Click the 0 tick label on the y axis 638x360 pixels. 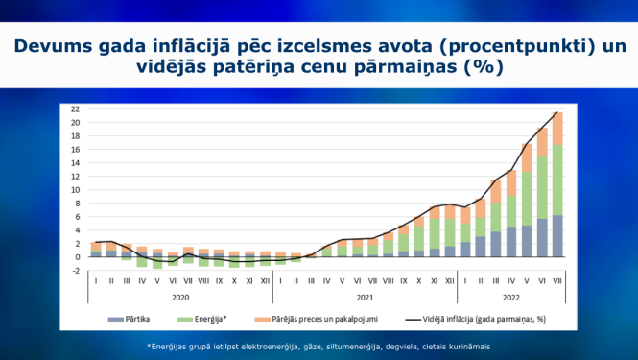pyautogui.click(x=76, y=257)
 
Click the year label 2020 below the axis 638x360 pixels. pyautogui.click(x=179, y=297)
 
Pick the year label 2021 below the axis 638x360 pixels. pyautogui.click(x=365, y=297)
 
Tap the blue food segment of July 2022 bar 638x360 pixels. pyautogui.click(x=556, y=236)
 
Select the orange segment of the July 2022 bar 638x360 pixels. pyautogui.click(x=556, y=129)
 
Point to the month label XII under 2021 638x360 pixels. pyautogui.click(x=450, y=281)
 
